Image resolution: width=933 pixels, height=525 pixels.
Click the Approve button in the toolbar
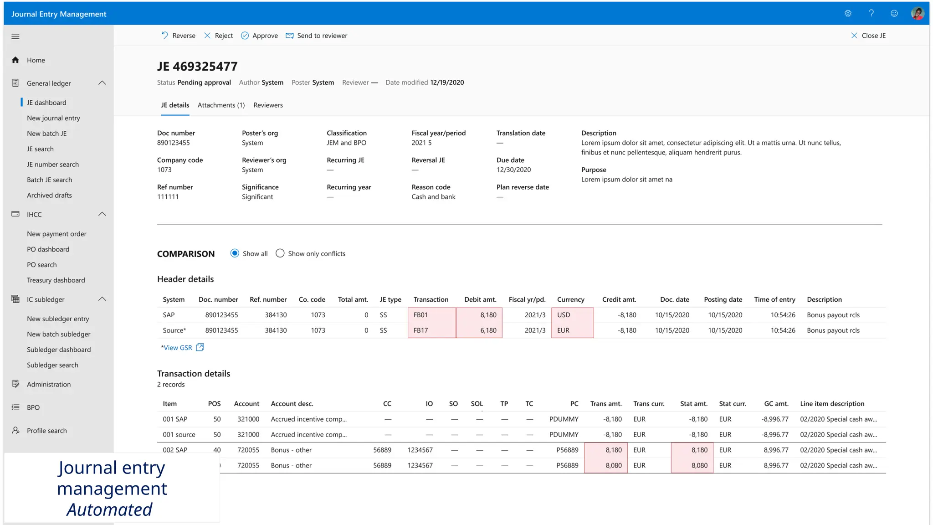(x=259, y=36)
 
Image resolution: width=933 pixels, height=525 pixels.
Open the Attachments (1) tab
(x=221, y=105)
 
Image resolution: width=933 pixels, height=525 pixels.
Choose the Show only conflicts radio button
(x=280, y=253)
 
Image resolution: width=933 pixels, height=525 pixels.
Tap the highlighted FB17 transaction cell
(x=431, y=330)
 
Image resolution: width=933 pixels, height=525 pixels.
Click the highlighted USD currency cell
(x=572, y=315)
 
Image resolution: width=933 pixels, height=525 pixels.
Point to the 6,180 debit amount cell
(x=479, y=330)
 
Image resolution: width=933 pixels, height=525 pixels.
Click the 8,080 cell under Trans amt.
(x=606, y=465)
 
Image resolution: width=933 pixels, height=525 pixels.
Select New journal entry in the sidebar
(x=53, y=118)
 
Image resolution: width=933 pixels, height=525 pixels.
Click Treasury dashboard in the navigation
(x=56, y=280)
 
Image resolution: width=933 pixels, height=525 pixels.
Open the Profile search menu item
(x=46, y=431)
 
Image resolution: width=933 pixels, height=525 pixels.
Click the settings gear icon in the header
(x=848, y=13)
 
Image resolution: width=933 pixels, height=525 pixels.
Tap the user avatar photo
(x=917, y=13)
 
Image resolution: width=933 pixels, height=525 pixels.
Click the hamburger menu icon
(x=15, y=36)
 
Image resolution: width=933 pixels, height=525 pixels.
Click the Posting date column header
(x=723, y=299)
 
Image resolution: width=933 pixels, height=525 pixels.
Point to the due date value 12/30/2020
(x=513, y=170)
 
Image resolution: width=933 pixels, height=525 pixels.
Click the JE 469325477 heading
(x=197, y=67)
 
